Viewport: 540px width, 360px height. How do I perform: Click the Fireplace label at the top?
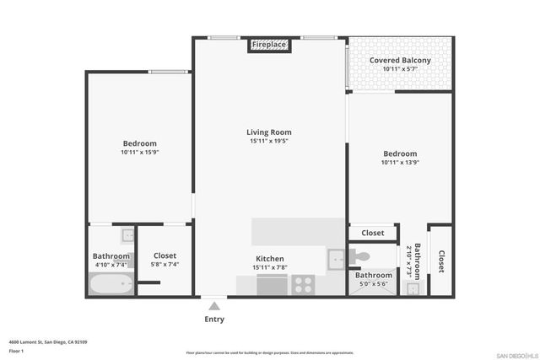(x=269, y=44)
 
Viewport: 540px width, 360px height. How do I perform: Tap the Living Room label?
(x=269, y=132)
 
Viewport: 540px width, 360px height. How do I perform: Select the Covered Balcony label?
(x=400, y=61)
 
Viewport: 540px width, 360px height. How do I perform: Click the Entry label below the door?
(x=214, y=320)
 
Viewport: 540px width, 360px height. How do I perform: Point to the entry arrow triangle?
(x=214, y=306)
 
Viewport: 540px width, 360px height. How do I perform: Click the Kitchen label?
(x=270, y=259)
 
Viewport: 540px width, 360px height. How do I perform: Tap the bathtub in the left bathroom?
(x=111, y=283)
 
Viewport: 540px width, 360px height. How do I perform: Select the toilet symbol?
(x=360, y=255)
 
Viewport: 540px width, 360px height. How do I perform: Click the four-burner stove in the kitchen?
(x=303, y=285)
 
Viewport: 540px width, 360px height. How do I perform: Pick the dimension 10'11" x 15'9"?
(x=139, y=153)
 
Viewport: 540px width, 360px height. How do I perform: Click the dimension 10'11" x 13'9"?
(x=400, y=163)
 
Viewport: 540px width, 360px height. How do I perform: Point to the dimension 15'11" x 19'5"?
(x=269, y=142)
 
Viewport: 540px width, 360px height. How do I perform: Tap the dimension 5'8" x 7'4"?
(x=165, y=265)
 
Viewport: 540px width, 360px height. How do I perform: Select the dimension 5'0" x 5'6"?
(x=372, y=285)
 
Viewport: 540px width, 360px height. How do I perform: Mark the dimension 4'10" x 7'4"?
(x=111, y=265)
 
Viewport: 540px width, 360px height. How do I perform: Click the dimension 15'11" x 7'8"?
(x=270, y=268)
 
